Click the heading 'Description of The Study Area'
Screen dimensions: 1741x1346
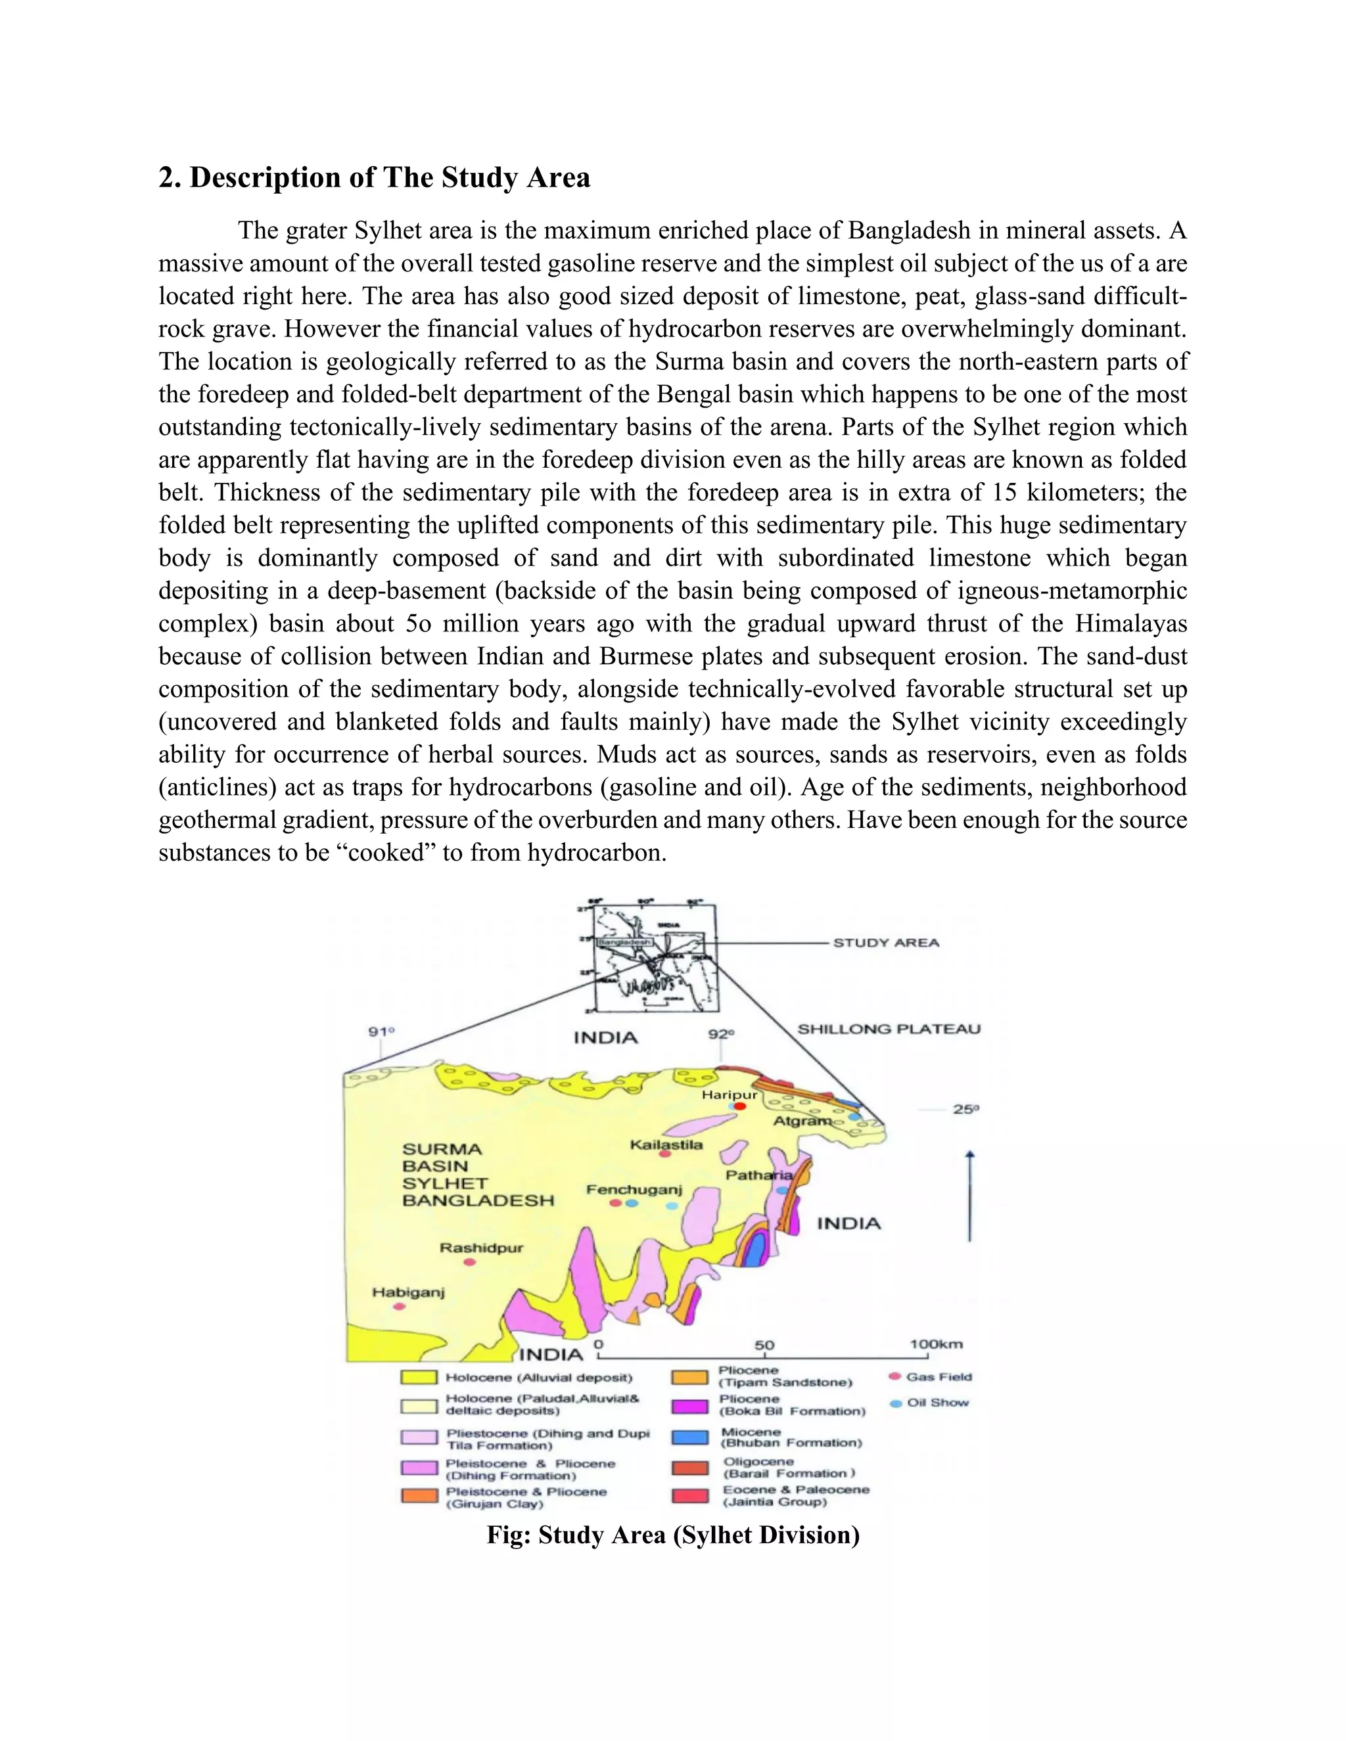pos(375,177)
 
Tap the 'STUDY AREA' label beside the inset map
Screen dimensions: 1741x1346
pos(886,942)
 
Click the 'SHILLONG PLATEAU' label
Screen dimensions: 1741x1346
pos(889,1028)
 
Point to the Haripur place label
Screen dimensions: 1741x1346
pos(729,1095)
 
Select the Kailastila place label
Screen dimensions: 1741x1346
pos(666,1144)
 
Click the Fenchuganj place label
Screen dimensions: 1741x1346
pos(635,1189)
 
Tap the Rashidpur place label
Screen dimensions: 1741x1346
pos(482,1248)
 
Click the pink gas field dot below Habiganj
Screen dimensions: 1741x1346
pos(400,1306)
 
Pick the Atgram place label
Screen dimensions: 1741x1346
pos(801,1120)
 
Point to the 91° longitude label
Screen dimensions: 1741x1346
pos(381,1031)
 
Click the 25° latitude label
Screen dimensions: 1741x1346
pos(965,1109)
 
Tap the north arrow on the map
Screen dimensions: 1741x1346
pos(969,1196)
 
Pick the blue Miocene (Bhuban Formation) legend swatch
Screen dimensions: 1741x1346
pos(691,1437)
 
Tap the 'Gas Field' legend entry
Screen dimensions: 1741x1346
pos(938,1376)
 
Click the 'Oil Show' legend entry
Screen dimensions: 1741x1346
pos(937,1402)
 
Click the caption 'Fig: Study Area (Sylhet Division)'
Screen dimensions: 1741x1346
pos(673,1535)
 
